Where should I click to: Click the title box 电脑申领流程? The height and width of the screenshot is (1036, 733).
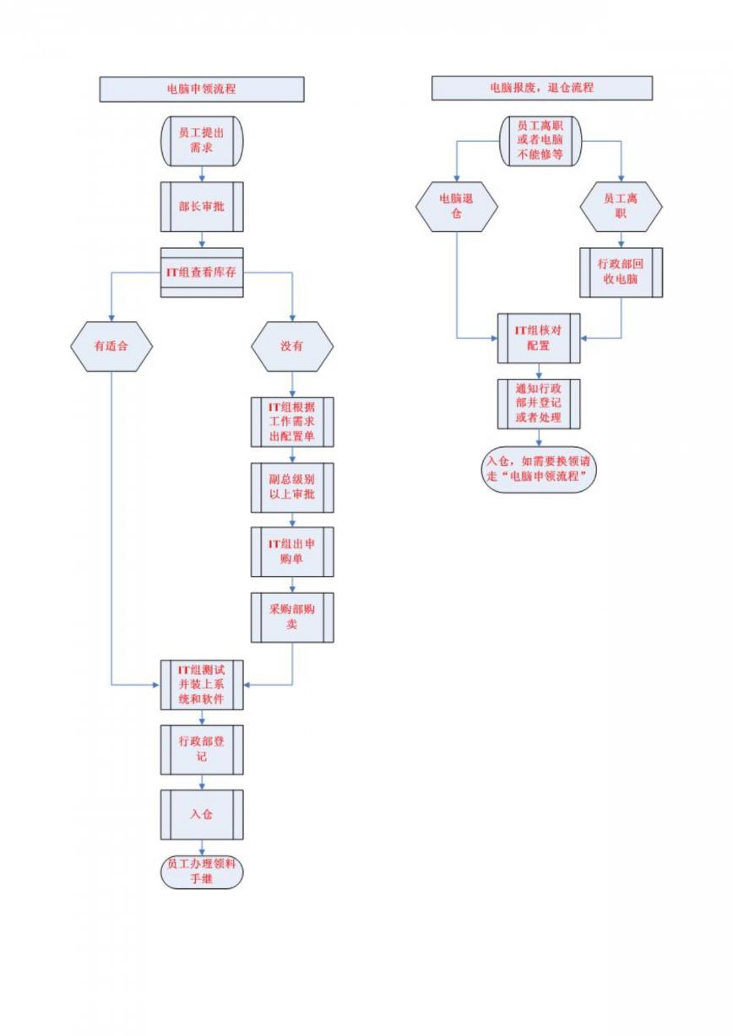(202, 89)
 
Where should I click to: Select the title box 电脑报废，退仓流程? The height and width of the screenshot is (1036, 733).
(542, 88)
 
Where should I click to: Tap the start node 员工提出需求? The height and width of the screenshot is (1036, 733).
(202, 141)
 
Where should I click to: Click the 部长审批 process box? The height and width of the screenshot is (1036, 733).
(202, 207)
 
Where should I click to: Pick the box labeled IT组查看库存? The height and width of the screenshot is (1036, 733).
(202, 272)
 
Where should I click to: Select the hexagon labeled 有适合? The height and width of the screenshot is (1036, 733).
(111, 347)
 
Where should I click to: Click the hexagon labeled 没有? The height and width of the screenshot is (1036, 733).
(292, 347)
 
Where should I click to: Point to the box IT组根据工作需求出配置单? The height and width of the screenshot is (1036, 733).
(292, 422)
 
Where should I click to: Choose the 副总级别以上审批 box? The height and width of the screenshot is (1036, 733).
(292, 488)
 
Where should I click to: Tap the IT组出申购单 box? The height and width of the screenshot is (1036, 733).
(292, 552)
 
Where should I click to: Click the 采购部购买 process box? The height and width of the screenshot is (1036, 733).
(292, 618)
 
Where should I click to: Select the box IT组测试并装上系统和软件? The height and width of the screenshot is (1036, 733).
(202, 685)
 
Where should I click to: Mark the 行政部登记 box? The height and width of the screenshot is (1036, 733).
(202, 750)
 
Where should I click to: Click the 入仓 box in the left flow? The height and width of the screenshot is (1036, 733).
(202, 814)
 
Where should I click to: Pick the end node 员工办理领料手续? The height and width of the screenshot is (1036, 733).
(202, 872)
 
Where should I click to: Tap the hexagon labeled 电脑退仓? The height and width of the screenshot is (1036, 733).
(457, 207)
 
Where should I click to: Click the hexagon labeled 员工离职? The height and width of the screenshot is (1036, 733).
(621, 207)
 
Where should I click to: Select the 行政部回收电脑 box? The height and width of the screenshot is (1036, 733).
(621, 272)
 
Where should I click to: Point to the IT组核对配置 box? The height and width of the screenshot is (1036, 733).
(539, 338)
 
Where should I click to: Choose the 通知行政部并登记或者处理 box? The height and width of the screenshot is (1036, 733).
(539, 404)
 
